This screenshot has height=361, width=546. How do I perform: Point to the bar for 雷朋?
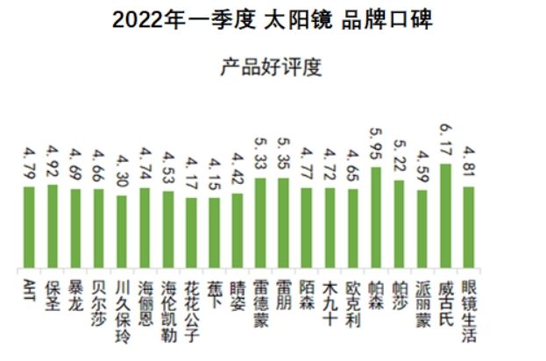pos(283,223)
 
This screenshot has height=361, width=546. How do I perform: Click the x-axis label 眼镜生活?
pos(468,308)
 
